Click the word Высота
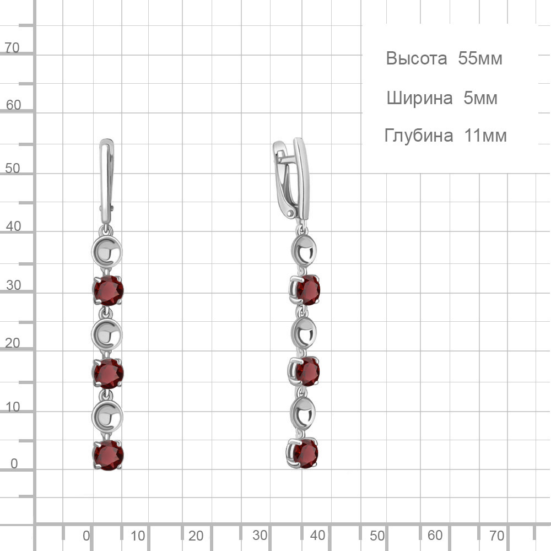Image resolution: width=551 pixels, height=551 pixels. click(417, 58)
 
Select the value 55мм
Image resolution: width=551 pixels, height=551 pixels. click(480, 58)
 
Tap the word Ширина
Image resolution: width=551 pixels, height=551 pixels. click(419, 98)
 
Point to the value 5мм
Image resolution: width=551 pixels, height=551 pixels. click(480, 98)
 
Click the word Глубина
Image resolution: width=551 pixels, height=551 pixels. click(419, 136)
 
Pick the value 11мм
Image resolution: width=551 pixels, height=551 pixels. click(485, 136)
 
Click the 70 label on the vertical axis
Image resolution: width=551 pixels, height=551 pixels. click(12, 47)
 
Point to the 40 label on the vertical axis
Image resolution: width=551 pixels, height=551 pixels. click(13, 226)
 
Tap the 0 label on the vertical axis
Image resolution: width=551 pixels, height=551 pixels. click(14, 463)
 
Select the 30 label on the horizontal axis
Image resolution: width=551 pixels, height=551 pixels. click(260, 535)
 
